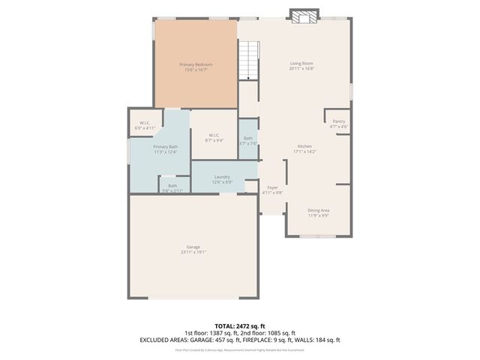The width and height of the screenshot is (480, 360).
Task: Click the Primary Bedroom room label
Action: click(196, 64)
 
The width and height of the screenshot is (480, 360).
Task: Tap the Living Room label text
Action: click(301, 64)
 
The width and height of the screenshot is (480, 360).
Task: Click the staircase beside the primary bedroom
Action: click(249, 59)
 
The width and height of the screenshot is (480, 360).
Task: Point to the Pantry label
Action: click(339, 121)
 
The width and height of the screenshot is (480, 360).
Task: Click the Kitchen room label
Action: click(304, 146)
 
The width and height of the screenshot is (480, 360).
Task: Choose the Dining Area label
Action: click(319, 211)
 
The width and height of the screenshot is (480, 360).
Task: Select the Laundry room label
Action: click(222, 176)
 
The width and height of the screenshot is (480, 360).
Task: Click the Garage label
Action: click(193, 247)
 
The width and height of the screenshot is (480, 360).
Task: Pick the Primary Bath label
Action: click(166, 147)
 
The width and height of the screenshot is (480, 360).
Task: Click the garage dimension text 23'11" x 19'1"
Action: click(193, 253)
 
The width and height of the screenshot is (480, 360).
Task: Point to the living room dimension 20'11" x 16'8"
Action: click(301, 69)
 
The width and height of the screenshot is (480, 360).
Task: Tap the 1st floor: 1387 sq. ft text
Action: click(211, 333)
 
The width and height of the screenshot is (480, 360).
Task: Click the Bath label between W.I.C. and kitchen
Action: click(248, 138)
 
